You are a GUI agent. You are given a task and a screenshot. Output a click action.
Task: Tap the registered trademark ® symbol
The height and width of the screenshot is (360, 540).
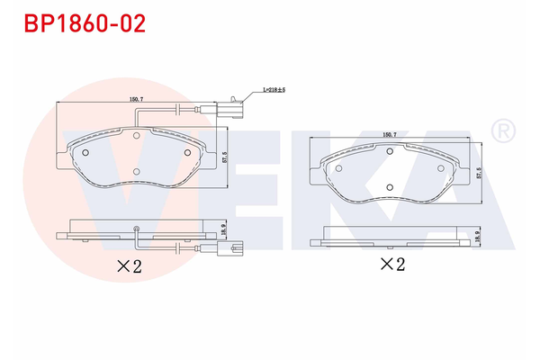click(503, 131)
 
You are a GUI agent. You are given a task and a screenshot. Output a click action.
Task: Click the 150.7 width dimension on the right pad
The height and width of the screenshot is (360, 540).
click(389, 134)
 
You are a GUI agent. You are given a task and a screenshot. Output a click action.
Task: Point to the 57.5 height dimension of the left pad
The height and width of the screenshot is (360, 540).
click(225, 156)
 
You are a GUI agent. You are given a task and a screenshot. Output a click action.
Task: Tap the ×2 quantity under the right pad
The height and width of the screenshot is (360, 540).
click(391, 264)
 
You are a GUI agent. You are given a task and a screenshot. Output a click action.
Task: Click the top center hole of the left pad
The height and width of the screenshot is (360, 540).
click(135, 138)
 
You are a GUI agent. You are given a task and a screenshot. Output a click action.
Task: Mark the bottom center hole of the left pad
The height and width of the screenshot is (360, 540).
click(135, 171)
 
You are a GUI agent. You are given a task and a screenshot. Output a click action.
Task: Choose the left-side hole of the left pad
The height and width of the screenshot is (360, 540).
click(85, 152)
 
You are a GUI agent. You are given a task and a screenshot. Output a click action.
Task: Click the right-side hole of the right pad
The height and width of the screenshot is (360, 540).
click(440, 167)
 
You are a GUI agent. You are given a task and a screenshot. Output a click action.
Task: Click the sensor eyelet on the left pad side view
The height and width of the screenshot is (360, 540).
click(135, 227)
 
